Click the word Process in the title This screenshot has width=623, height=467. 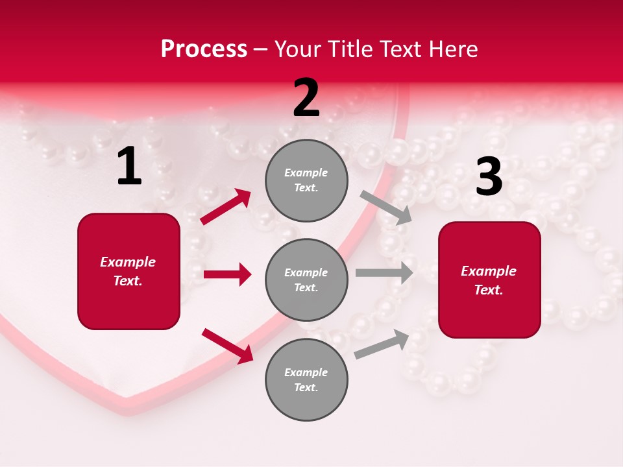click(x=204, y=49)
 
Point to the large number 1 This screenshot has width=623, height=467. click(x=129, y=167)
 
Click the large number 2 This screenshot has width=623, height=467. click(x=306, y=98)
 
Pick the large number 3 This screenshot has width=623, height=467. click(x=489, y=177)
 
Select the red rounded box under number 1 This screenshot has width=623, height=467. click(x=128, y=271)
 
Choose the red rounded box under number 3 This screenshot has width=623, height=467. click(x=489, y=280)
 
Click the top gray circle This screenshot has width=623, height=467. click(x=306, y=180)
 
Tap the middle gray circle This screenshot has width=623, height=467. click(x=306, y=280)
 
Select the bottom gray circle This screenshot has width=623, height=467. click(x=306, y=379)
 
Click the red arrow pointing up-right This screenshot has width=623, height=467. click(x=226, y=207)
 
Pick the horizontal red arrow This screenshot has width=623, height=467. click(x=227, y=274)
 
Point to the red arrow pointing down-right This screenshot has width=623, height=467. click(x=227, y=345)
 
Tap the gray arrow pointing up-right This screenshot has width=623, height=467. click(x=382, y=344)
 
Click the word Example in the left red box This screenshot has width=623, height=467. click(x=128, y=262)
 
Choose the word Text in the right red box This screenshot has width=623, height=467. click(x=488, y=290)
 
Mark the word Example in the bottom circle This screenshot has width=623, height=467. click(x=306, y=372)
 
